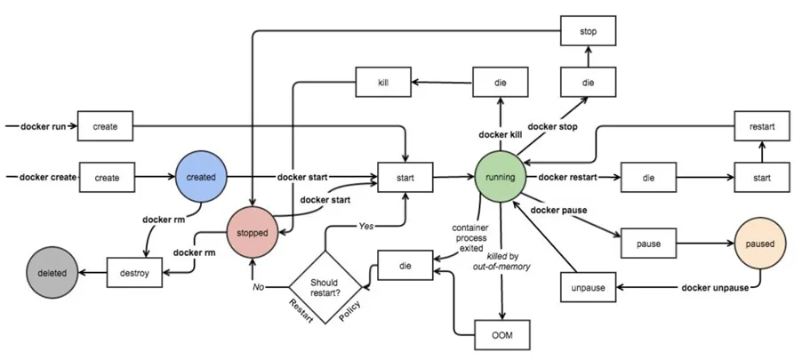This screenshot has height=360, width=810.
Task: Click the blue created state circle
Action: pyautogui.click(x=201, y=177)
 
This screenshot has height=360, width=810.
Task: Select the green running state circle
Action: pyautogui.click(x=500, y=177)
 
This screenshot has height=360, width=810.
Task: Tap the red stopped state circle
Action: pyautogui.click(x=253, y=232)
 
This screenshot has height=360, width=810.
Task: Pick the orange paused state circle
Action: pyautogui.click(x=760, y=244)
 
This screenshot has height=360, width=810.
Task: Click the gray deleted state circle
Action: pyautogui.click(x=52, y=273)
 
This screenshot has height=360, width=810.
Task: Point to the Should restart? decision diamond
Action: pyautogui.click(x=325, y=287)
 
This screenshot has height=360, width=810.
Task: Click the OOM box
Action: pyautogui.click(x=502, y=335)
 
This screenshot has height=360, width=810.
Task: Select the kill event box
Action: pyautogui.click(x=383, y=82)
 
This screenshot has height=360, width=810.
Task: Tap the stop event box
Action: pyautogui.click(x=589, y=31)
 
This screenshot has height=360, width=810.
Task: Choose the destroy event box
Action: pyautogui.click(x=135, y=272)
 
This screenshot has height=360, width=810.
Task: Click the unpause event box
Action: pyautogui.click(x=589, y=286)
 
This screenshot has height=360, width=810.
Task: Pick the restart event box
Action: pyautogui.click(x=762, y=126)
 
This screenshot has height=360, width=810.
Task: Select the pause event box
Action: pyautogui.click(x=649, y=243)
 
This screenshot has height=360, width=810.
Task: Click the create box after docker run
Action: pyautogui.click(x=106, y=125)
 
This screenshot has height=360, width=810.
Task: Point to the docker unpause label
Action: pyautogui.click(x=715, y=288)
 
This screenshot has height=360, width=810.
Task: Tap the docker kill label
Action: pyautogui.click(x=500, y=134)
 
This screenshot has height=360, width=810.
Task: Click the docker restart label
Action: pyautogui.click(x=568, y=177)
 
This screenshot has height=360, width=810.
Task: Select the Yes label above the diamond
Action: pyautogui.click(x=365, y=226)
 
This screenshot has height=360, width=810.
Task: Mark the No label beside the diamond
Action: pyautogui.click(x=259, y=286)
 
